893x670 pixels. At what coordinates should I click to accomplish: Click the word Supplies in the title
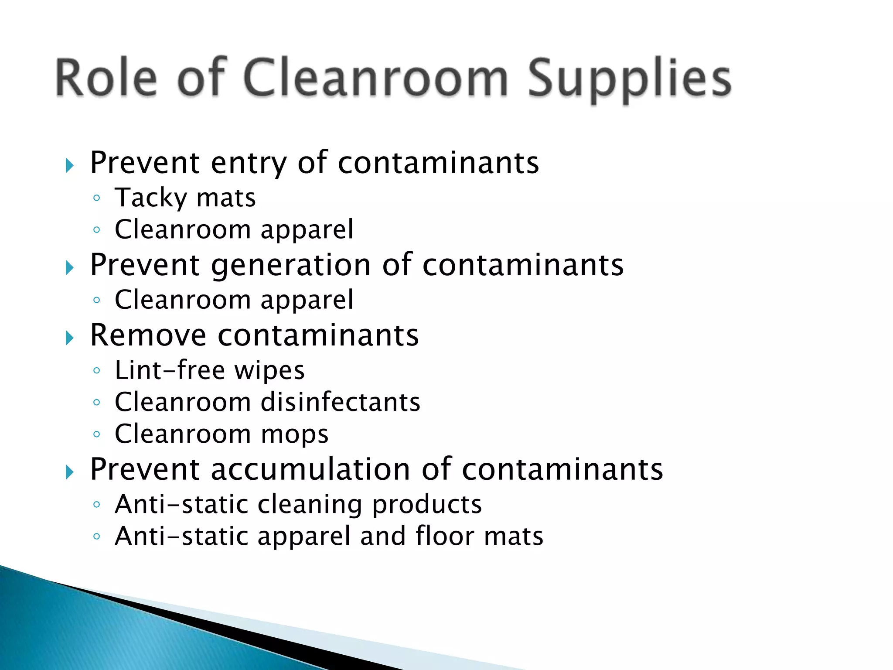(x=629, y=79)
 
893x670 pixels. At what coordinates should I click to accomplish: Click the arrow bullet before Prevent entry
(x=70, y=165)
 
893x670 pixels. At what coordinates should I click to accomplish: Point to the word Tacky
(x=151, y=198)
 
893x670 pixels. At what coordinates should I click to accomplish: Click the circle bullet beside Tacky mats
(x=97, y=198)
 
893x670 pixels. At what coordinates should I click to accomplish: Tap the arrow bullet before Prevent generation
(x=70, y=267)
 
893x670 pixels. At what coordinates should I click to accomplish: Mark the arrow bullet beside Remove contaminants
(x=70, y=338)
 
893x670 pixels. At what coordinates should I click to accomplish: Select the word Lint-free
(x=170, y=370)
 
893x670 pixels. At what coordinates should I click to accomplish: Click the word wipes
(x=269, y=371)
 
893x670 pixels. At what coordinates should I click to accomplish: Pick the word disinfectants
(x=341, y=402)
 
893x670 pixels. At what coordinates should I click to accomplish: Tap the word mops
(x=295, y=435)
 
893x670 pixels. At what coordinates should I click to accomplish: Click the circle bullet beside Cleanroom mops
(x=97, y=434)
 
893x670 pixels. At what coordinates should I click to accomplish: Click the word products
(x=427, y=505)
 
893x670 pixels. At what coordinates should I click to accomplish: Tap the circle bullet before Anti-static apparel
(x=97, y=536)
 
